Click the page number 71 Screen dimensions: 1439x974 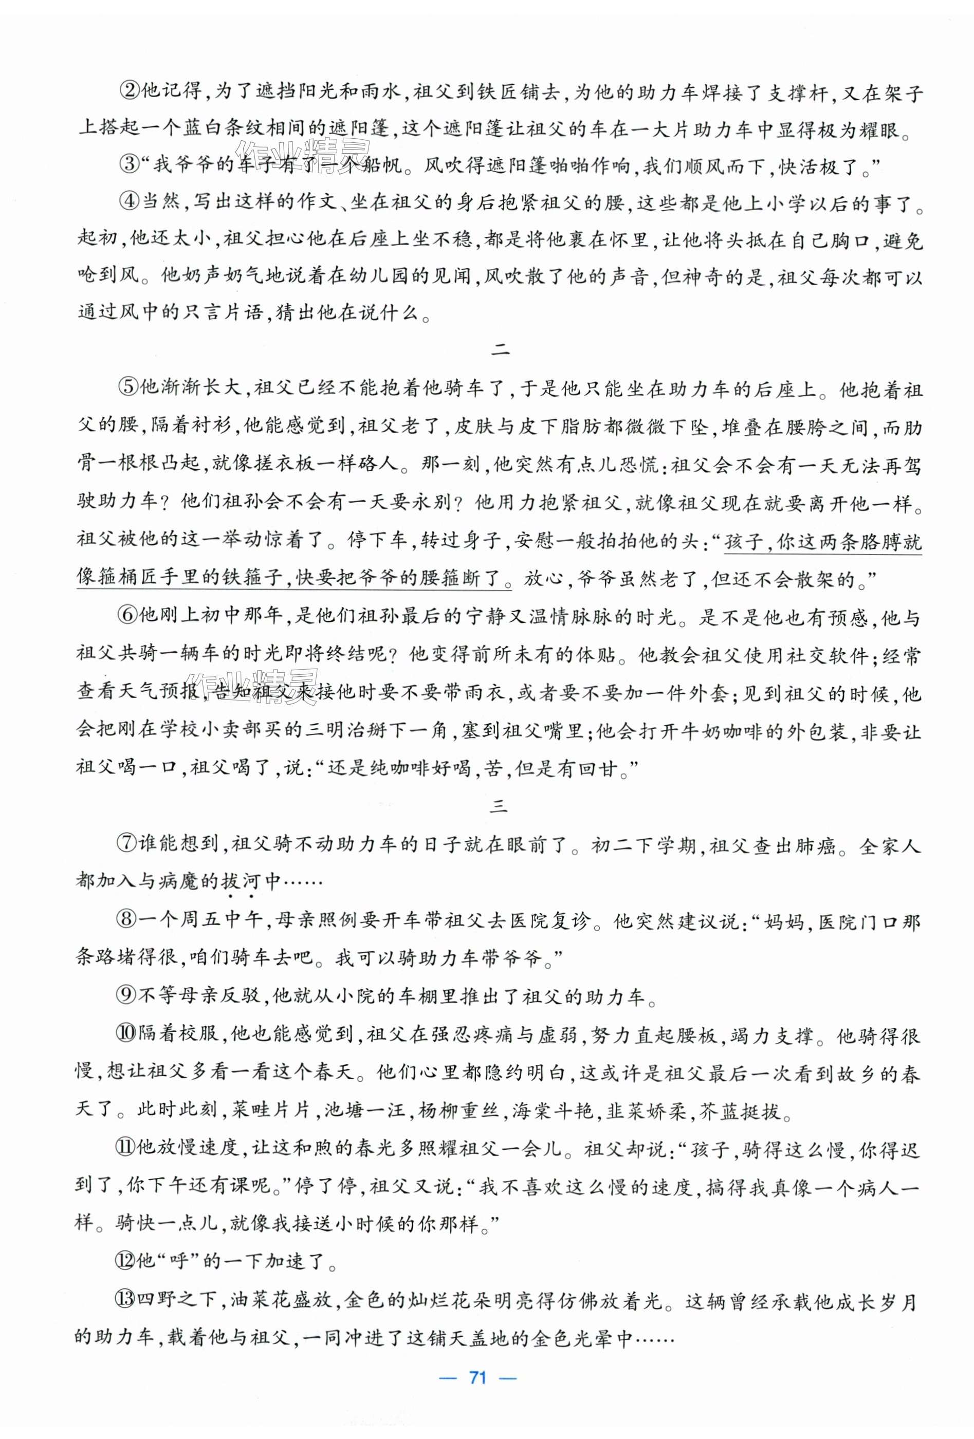coord(477,1377)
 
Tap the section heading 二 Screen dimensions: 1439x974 coord(499,350)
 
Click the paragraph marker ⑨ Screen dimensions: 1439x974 coord(128,997)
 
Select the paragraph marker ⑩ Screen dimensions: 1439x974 coord(128,1035)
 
